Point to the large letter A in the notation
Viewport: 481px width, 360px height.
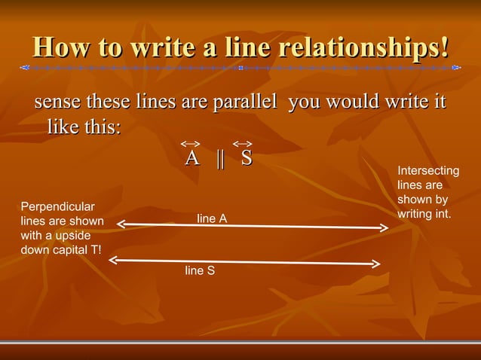click(192, 159)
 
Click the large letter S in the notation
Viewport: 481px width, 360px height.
click(247, 159)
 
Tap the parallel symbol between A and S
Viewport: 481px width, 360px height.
click(220, 159)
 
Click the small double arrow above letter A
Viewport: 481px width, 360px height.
click(191, 143)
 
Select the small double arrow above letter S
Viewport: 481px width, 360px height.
click(242, 143)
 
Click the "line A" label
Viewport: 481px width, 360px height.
click(212, 218)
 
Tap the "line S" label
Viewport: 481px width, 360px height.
click(200, 270)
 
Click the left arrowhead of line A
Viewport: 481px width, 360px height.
click(121, 223)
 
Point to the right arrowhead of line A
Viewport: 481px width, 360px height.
click(384, 227)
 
